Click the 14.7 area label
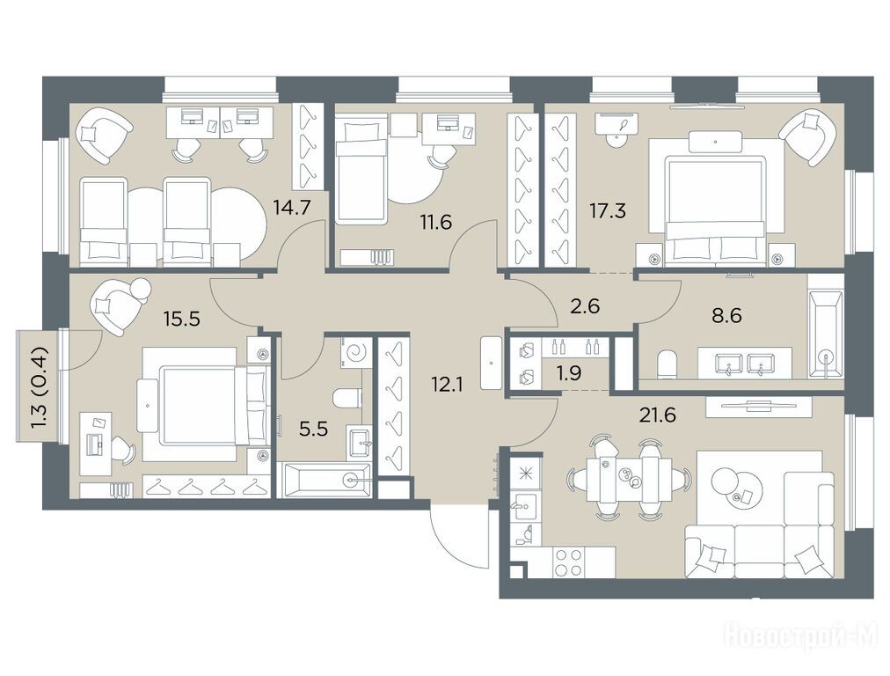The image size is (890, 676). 292,208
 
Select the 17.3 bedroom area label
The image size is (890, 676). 608,211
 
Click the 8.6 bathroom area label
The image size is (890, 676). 727,315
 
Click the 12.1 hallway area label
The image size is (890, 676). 448,386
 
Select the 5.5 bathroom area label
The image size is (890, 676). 314,429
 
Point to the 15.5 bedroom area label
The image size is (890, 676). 182,319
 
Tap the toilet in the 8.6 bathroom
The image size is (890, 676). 667,364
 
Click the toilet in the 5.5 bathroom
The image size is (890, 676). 348,398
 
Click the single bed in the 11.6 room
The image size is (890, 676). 361,169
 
